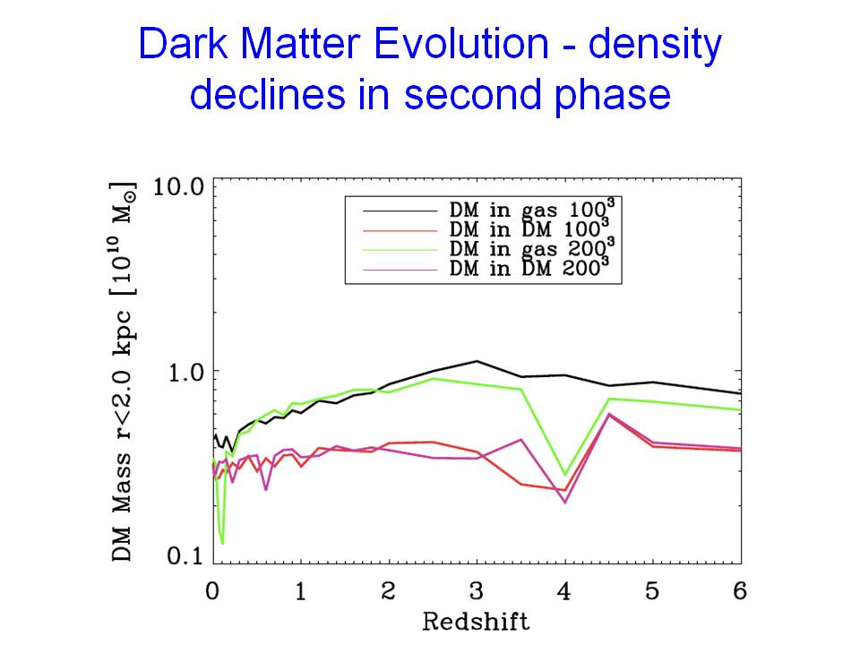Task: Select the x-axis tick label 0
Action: coord(212,590)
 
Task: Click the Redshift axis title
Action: coord(477,620)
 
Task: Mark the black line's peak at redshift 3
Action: coord(477,361)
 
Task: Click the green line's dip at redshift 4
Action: coord(564,475)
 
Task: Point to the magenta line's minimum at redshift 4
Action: coord(564,503)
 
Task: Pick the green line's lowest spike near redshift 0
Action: coord(221,543)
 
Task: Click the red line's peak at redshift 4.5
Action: coord(609,414)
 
